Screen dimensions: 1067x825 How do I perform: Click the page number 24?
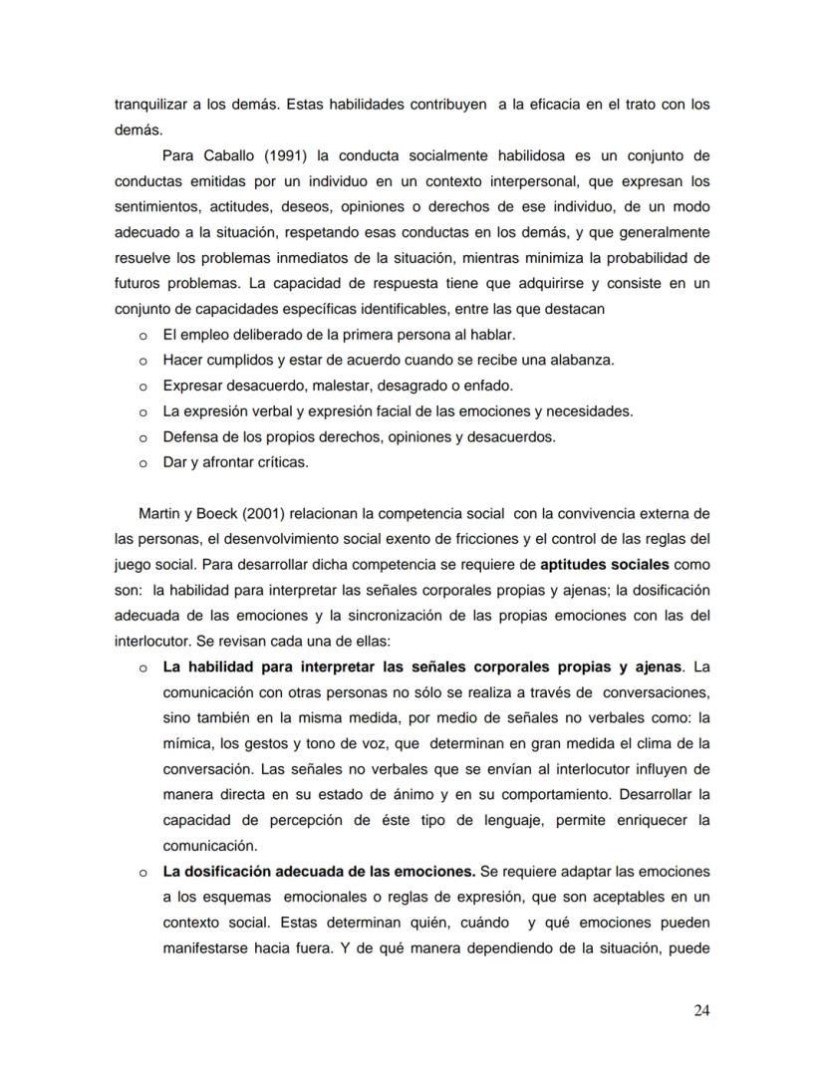pos(700,1010)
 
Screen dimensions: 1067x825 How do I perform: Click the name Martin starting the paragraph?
pos(157,513)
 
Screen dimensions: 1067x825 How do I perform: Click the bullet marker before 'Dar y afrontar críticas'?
pos(142,463)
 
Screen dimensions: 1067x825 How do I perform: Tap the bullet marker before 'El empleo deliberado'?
pos(142,335)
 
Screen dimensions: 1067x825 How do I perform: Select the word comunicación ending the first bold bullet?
pos(208,845)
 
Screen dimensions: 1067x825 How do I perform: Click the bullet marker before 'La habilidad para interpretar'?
pos(142,667)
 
